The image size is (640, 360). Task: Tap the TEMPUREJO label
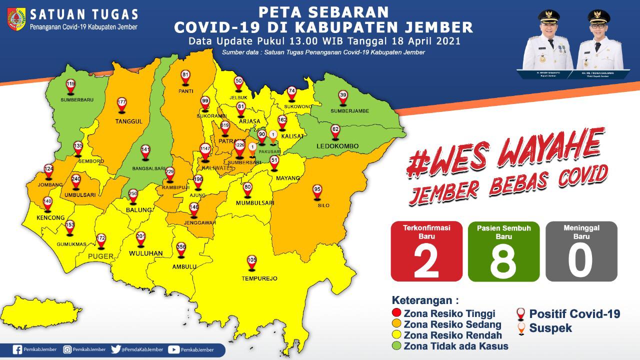click(252, 278)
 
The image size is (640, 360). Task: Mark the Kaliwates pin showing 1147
click(205, 150)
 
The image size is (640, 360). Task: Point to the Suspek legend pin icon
click(520, 328)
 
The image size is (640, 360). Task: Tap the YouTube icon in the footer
click(173, 350)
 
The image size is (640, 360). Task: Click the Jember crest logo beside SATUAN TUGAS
click(16, 19)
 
